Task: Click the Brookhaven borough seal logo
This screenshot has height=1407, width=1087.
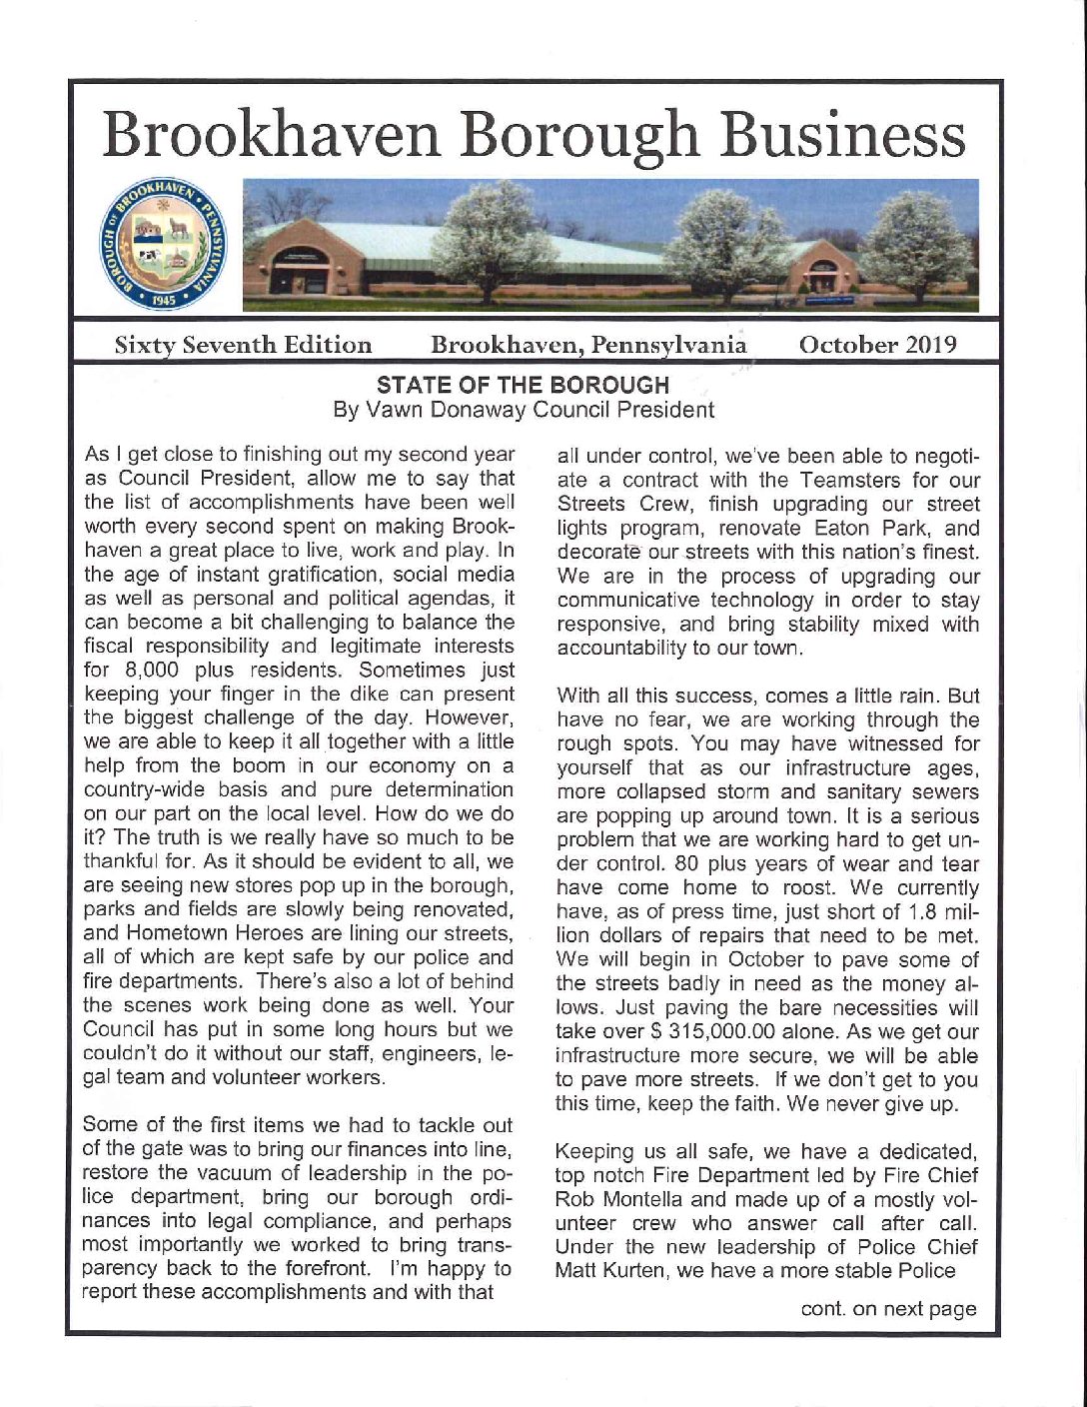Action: tap(166, 245)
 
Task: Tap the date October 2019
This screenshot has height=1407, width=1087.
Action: tap(876, 345)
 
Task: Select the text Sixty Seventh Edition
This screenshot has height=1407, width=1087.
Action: tap(243, 345)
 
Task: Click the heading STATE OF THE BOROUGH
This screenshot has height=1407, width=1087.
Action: tap(522, 385)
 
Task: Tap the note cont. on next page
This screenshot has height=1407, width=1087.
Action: tap(888, 1309)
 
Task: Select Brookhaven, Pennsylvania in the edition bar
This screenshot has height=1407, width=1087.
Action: tap(587, 345)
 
